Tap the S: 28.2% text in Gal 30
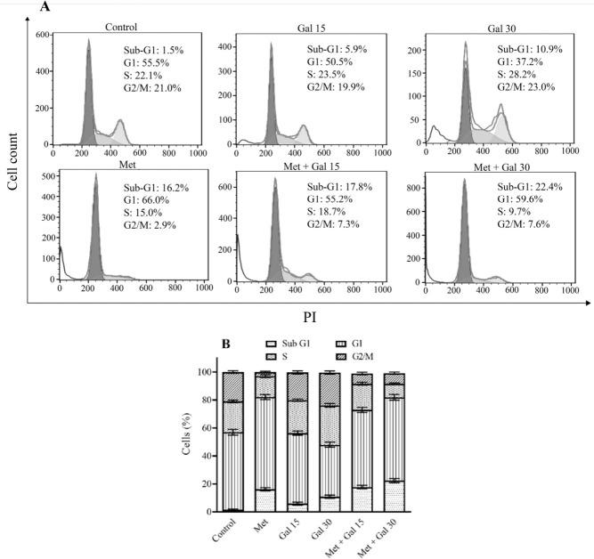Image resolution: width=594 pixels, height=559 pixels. coord(522,75)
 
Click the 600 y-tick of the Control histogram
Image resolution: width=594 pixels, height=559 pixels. coord(42,35)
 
